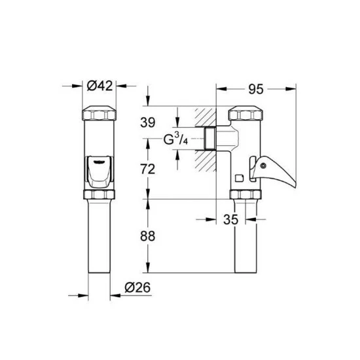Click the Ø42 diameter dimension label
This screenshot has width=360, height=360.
coord(100,86)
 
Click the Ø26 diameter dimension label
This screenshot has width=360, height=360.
coord(137,287)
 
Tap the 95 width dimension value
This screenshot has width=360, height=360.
coord(256,89)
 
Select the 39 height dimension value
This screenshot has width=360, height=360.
coord(148,122)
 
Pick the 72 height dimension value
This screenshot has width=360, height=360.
coord(148,170)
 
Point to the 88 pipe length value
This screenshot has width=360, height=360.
coord(148,236)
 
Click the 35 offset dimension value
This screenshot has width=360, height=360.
coord(231,219)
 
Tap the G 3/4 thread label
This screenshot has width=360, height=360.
coord(175,139)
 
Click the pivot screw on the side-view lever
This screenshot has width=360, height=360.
coord(263,166)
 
